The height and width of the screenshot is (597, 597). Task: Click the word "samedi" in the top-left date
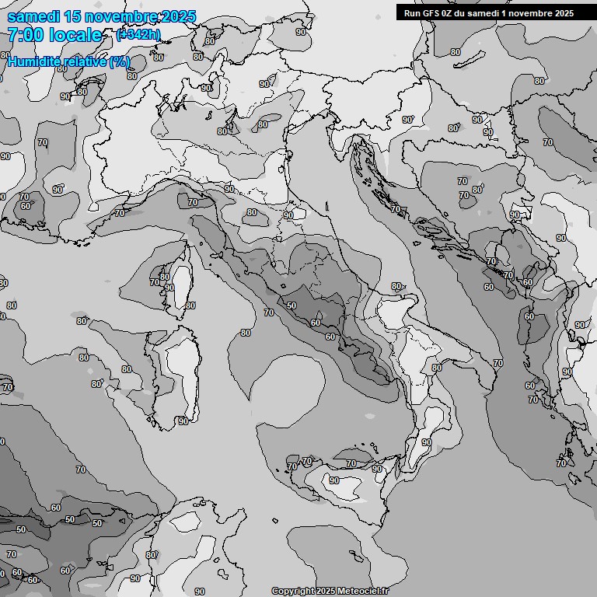tap(30, 16)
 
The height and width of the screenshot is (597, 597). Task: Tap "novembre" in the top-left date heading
tap(112, 16)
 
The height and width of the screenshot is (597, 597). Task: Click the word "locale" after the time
tap(75, 35)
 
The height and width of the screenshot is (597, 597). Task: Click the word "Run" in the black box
tap(413, 13)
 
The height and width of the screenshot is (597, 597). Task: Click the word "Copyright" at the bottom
tap(293, 591)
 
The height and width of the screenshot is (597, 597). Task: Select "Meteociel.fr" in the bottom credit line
tap(363, 591)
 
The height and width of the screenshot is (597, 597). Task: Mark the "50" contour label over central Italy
tap(292, 306)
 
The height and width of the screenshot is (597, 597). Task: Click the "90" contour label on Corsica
tap(169, 288)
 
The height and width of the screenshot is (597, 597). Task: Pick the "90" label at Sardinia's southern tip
tap(183, 421)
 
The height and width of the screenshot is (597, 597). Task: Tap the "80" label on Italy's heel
tap(396, 287)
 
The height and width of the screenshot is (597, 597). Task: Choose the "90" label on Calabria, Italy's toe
tap(426, 442)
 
